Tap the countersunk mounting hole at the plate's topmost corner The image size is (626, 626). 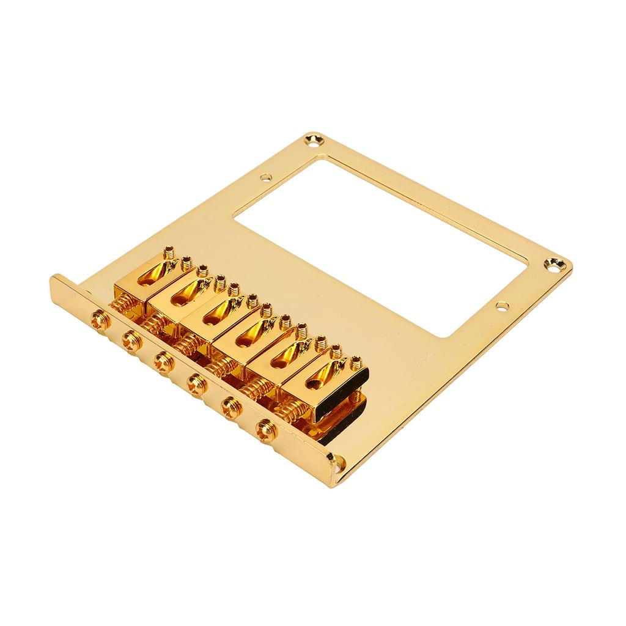(315, 139)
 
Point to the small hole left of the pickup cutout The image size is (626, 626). (265, 178)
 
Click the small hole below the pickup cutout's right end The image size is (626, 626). (502, 304)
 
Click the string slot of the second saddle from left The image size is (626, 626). (185, 297)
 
